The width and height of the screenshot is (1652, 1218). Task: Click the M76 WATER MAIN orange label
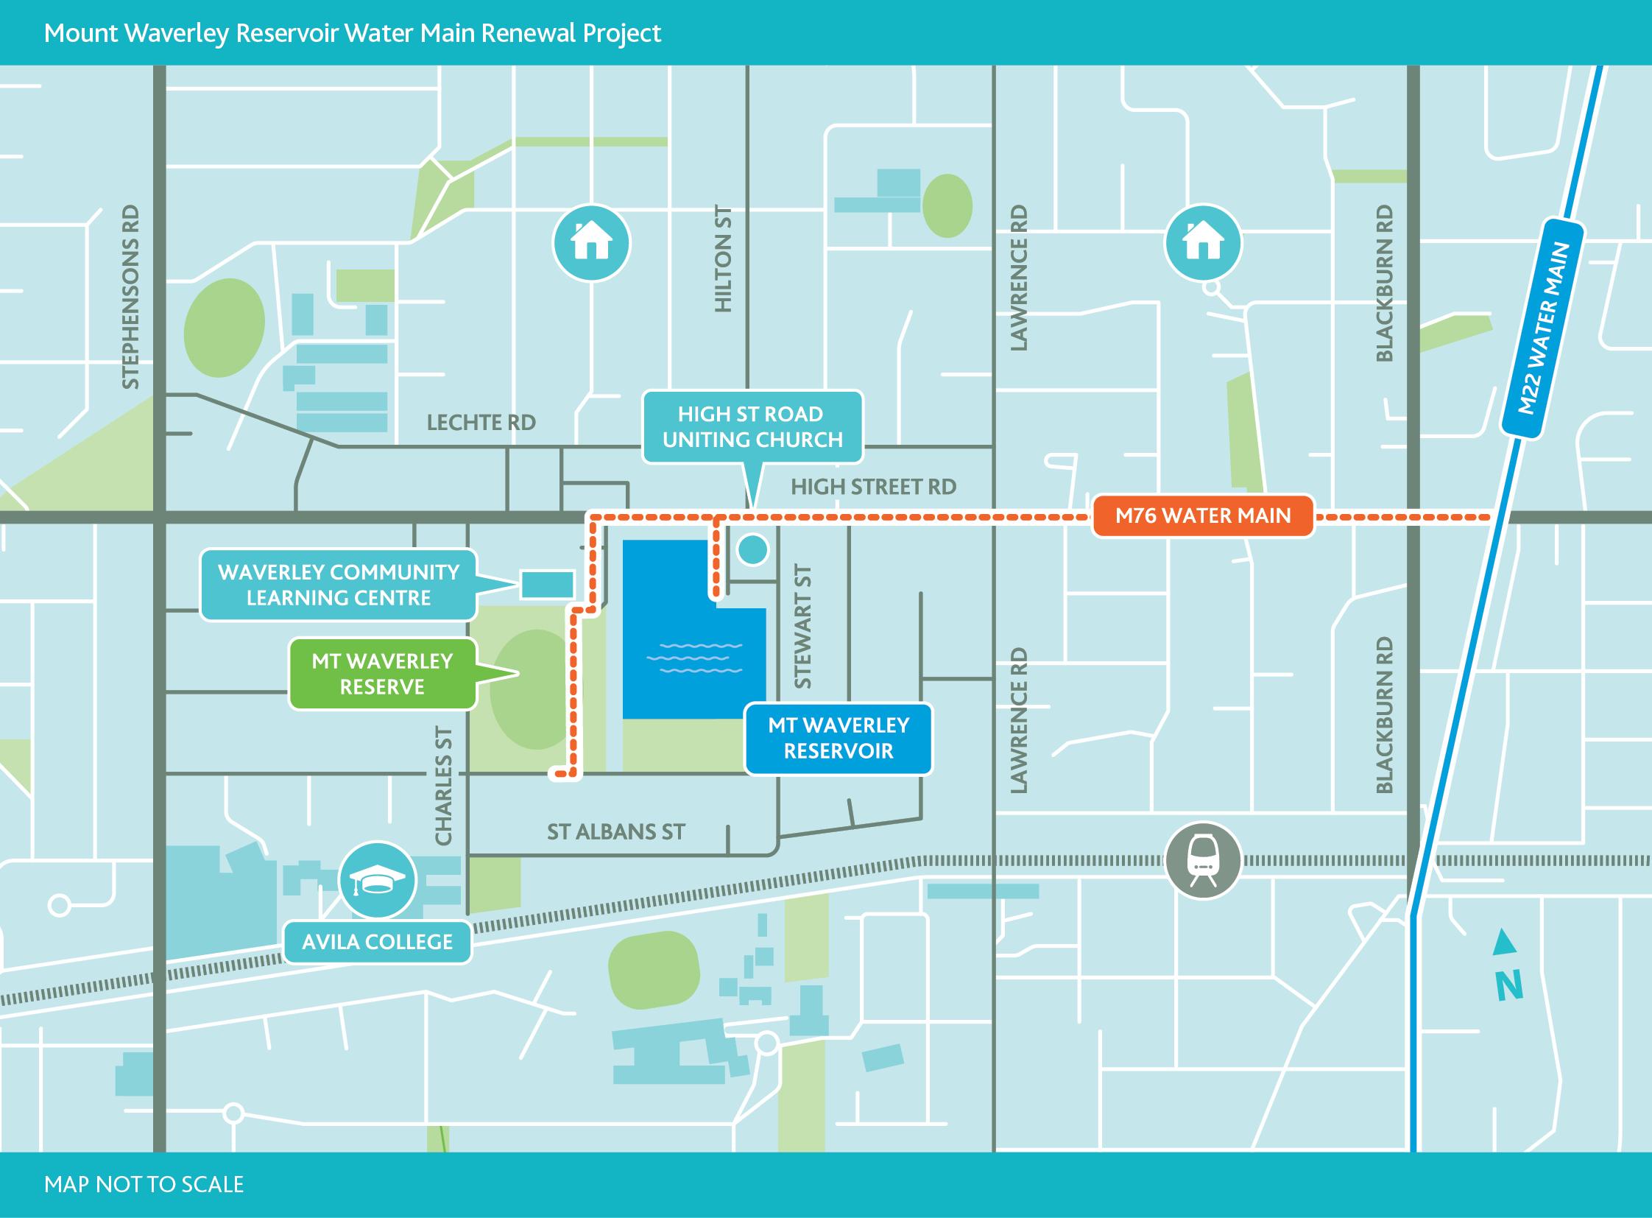pos(1202,515)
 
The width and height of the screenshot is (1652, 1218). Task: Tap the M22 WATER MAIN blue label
pos(1543,328)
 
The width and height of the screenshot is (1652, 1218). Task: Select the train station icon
pos(1203,860)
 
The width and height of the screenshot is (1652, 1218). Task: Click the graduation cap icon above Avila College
pos(378,879)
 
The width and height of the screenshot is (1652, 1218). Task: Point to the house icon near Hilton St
pos(592,242)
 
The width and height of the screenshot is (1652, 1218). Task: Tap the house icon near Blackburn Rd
pos(1203,242)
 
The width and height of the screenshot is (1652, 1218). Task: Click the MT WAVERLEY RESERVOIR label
pos(839,738)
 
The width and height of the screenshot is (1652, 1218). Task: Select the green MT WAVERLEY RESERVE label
pos(382,674)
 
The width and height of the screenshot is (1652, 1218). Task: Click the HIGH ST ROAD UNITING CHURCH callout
pos(752,427)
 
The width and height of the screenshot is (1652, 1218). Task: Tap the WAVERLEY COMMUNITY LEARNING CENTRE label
pos(339,585)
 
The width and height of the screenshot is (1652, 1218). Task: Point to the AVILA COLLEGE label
pos(377,942)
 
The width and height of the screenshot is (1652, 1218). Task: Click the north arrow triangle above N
pos(1505,943)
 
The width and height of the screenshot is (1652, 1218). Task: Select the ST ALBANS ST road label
pos(615,831)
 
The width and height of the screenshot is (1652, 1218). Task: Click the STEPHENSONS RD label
pos(130,296)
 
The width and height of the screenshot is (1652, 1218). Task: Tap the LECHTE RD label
pos(481,423)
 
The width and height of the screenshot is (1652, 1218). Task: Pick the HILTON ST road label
pos(724,258)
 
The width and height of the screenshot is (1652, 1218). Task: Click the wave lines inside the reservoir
pos(700,658)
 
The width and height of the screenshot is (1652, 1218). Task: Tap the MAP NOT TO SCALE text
pos(144,1184)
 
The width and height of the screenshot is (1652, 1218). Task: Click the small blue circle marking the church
pos(752,549)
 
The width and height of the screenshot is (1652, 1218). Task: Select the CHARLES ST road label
pos(443,785)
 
